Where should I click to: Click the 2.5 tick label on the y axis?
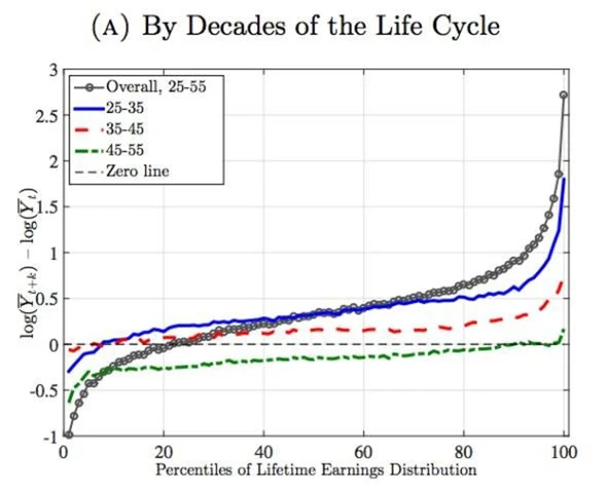pos(46,116)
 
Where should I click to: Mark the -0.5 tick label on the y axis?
pos(43,391)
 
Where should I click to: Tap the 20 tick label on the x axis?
pos(165,451)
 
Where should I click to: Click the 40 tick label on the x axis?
pos(266,451)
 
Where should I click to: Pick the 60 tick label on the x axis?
pos(366,451)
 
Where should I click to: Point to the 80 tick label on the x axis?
pos(467,451)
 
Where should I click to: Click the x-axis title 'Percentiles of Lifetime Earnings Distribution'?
pos(315,468)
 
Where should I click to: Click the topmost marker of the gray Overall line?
pos(565,95)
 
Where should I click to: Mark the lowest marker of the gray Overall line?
pos(67,434)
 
